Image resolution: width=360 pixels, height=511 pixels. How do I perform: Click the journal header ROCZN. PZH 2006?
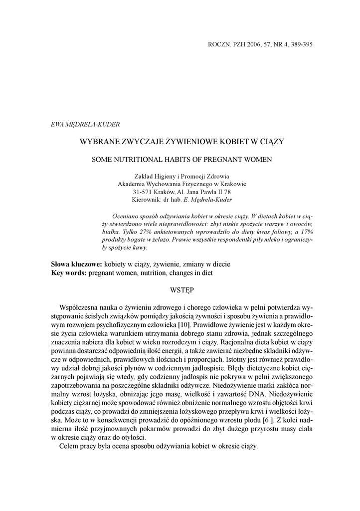pos(236,44)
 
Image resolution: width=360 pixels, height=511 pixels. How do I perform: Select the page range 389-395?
pos(299,44)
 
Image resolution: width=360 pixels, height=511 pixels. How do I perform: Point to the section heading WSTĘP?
pos(181,289)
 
